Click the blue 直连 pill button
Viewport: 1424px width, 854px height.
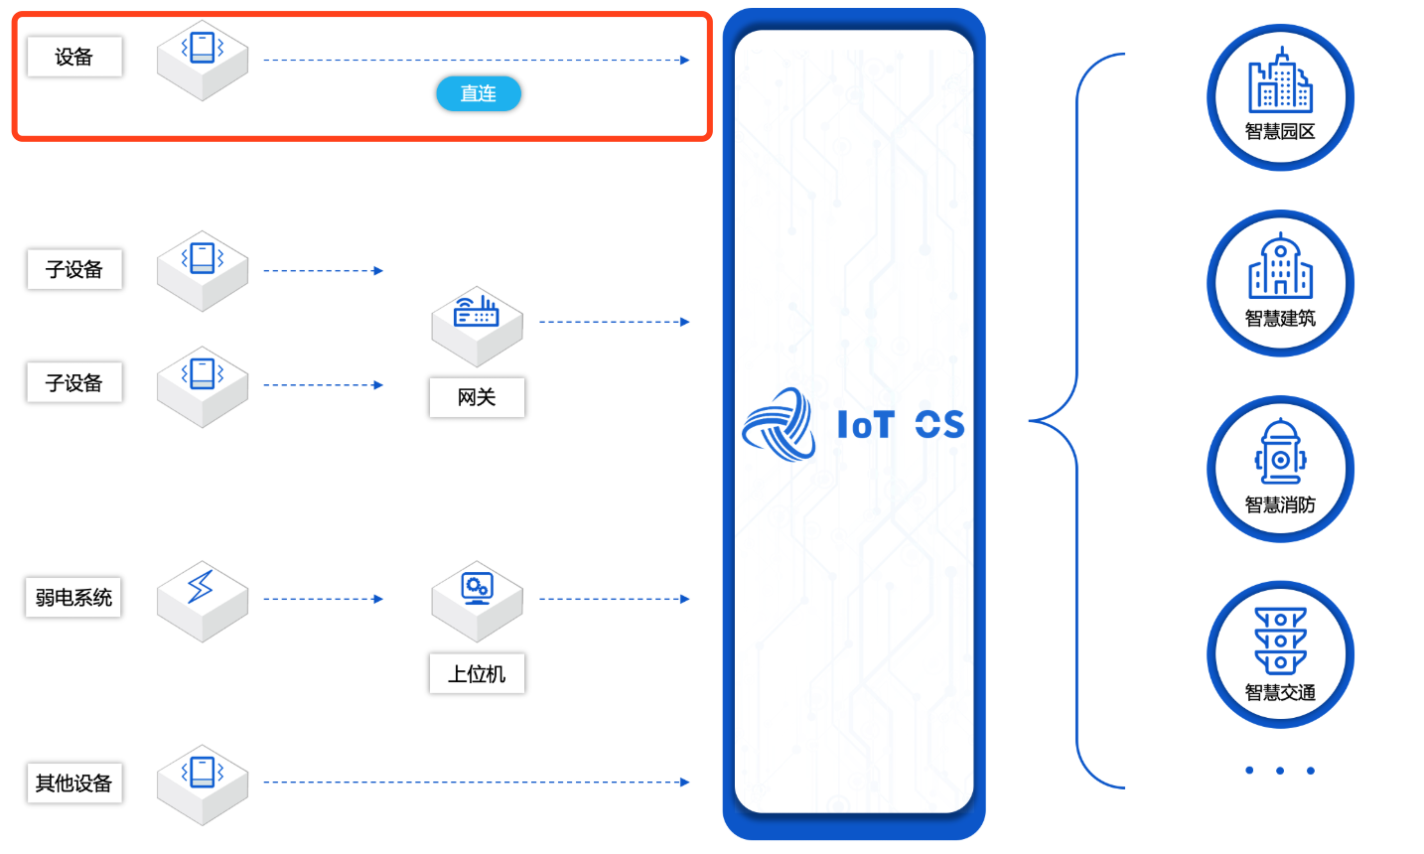point(479,93)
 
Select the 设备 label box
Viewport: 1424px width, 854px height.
point(74,57)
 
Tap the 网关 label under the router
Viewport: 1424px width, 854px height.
point(477,397)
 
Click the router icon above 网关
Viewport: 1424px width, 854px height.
point(477,313)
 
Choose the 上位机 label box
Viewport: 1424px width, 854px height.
point(477,674)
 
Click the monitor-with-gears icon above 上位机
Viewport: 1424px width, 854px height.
point(478,588)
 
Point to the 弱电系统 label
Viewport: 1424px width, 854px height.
point(73,598)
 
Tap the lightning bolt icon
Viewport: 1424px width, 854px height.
point(202,587)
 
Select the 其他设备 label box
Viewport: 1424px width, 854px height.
point(73,783)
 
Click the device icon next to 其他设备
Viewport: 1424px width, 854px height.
point(203,772)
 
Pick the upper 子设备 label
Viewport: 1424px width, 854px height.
point(74,269)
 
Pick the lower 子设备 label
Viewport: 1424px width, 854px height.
point(74,383)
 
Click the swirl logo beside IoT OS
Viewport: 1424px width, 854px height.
point(780,424)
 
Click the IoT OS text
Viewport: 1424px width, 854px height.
point(900,425)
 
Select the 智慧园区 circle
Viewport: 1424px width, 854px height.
point(1280,97)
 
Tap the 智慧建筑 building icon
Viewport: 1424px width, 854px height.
point(1280,266)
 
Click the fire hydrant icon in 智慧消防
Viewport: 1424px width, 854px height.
point(1280,452)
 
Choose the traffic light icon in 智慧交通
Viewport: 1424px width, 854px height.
point(1280,640)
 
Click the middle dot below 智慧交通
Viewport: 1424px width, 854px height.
point(1280,771)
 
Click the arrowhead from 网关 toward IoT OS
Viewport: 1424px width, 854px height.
point(684,322)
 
